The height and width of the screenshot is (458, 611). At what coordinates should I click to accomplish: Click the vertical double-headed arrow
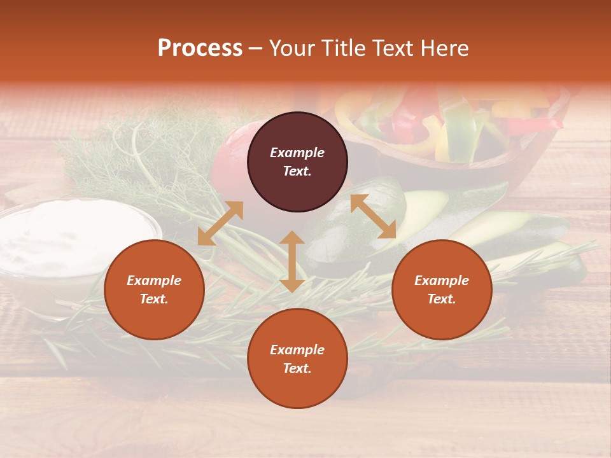point(292,261)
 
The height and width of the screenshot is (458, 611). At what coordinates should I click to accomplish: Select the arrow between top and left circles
point(220,223)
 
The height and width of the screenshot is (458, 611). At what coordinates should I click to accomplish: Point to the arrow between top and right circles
point(373,216)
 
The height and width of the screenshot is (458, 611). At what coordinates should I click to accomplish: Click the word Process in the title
point(200,48)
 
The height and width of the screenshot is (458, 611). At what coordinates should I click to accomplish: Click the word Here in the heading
point(445,48)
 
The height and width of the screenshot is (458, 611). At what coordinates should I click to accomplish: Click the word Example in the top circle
point(297,153)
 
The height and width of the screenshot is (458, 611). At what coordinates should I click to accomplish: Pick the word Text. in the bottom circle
point(297,368)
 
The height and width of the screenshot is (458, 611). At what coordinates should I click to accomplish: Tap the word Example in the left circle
point(154,281)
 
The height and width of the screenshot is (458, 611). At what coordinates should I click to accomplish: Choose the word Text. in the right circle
point(442,299)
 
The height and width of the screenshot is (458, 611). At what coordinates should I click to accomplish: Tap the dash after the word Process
point(256,49)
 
